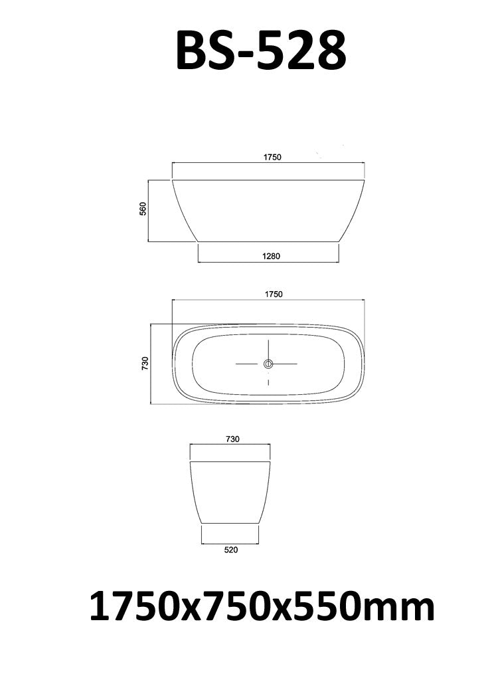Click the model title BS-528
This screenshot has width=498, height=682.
click(260, 50)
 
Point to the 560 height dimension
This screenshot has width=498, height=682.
click(142, 209)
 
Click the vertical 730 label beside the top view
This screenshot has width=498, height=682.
click(145, 363)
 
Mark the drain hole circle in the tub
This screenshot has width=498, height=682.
click(268, 364)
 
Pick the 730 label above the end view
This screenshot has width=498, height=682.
click(232, 439)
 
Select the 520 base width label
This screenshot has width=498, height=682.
click(230, 550)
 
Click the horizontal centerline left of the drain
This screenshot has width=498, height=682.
click(250, 364)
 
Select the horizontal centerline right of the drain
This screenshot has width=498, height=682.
click(286, 364)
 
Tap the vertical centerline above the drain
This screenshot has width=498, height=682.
click(268, 349)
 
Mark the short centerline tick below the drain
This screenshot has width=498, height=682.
click(268, 382)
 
